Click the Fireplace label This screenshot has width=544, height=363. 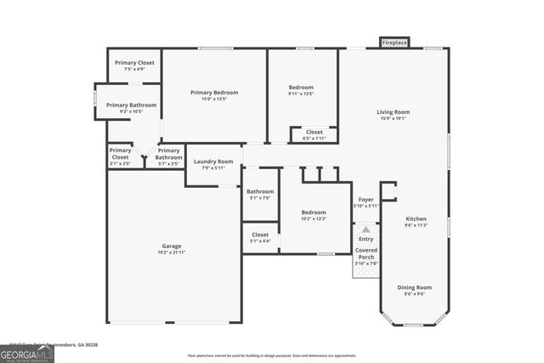[394, 43]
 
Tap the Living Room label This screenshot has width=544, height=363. [394, 112]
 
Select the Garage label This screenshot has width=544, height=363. [172, 247]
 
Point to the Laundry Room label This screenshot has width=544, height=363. [213, 162]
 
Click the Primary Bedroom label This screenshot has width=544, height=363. [214, 93]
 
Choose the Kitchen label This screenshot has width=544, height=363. [416, 219]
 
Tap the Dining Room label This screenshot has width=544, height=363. [415, 287]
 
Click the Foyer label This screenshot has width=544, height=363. [365, 200]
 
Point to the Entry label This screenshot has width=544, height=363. [365, 239]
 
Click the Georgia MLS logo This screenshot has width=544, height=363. [27, 352]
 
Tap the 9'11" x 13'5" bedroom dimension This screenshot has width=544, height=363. [301, 94]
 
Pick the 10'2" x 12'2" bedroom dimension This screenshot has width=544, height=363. [313, 219]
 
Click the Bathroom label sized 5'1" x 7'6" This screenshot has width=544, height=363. [260, 192]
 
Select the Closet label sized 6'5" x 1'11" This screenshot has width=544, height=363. [314, 132]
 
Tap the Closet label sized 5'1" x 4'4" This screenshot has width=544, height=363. [260, 235]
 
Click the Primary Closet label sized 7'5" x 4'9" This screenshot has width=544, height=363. [134, 63]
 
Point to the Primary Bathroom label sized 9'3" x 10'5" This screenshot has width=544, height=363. [131, 105]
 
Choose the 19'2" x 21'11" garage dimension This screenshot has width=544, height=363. [172, 253]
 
